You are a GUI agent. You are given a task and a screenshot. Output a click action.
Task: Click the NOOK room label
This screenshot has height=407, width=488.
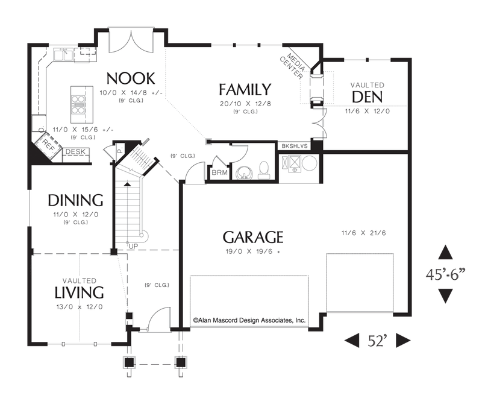click(x=131, y=78)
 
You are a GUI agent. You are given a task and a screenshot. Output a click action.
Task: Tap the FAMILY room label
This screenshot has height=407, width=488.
click(x=245, y=89)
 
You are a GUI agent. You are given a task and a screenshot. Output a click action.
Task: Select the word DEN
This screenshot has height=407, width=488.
click(x=368, y=97)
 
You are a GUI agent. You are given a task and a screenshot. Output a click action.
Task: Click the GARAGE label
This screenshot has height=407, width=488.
click(x=253, y=237)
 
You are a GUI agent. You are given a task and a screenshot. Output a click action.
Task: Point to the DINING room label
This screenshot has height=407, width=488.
click(x=76, y=200)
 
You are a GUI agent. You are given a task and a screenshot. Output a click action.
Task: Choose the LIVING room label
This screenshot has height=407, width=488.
click(x=79, y=292)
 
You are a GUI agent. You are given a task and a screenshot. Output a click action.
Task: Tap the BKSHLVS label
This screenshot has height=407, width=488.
click(x=294, y=146)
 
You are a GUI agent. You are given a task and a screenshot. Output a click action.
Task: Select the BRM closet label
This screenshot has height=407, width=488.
click(x=220, y=172)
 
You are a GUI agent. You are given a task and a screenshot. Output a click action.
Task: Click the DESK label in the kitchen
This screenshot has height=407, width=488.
click(x=76, y=152)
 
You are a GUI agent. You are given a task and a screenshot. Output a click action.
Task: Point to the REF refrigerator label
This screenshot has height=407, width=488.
click(x=48, y=145)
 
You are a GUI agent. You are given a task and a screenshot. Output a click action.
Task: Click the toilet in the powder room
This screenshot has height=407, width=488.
click(x=264, y=170)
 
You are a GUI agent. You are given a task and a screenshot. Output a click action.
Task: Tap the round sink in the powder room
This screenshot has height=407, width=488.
click(x=245, y=173)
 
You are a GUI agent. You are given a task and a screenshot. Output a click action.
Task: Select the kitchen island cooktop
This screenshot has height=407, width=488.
click(x=78, y=105)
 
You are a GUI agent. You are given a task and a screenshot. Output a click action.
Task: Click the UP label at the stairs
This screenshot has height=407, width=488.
click(x=134, y=247)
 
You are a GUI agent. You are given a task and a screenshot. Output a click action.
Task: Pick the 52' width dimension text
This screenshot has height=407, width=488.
click(x=377, y=341)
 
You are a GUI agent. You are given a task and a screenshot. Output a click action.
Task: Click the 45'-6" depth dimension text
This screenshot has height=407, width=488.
click(x=445, y=274)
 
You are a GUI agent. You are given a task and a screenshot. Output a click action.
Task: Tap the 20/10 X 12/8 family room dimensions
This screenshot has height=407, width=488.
click(x=245, y=104)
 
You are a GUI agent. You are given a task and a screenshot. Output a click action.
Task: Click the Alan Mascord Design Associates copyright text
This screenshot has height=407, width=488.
click(x=249, y=320)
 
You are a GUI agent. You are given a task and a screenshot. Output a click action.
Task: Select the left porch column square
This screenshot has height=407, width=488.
click(x=129, y=362)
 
